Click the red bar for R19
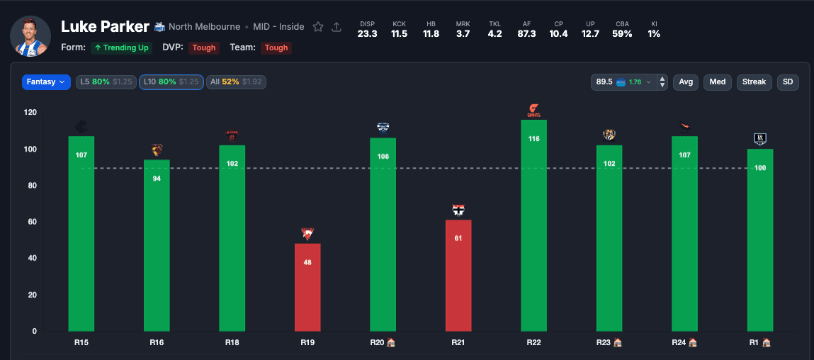coord(307,287)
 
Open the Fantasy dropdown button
coord(46,82)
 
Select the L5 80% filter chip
coord(106,82)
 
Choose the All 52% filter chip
coord(236,82)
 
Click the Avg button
coord(686,82)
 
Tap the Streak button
coord(754,82)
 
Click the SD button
coord(788,82)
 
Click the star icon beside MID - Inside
coord(318,27)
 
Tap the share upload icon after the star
coord(337,27)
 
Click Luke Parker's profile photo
coord(30,36)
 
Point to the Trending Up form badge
coord(121,47)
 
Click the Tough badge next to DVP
coord(204,47)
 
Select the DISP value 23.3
coord(367,33)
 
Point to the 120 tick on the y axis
coord(30,113)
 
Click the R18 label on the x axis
coord(232,342)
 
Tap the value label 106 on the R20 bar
coord(383,156)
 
